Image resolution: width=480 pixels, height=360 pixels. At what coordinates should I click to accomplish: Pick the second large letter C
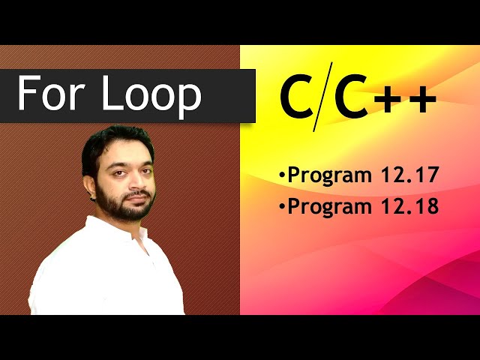pyautogui.click(x=350, y=98)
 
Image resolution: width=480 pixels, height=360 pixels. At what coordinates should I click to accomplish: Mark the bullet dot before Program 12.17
pyautogui.click(x=282, y=177)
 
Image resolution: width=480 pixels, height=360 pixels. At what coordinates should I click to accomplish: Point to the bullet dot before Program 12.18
pyautogui.click(x=282, y=207)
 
